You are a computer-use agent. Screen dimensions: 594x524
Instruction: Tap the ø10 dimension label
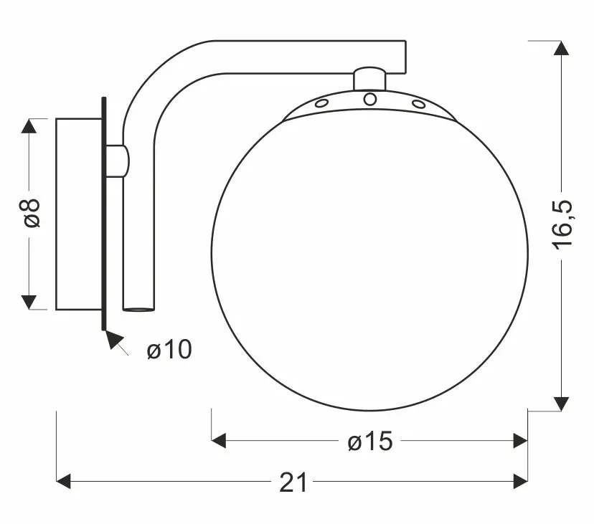(169, 349)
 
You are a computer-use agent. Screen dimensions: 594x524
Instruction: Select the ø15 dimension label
(370, 441)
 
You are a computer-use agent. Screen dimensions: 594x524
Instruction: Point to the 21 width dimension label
(293, 482)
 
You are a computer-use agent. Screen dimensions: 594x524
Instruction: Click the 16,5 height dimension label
(562, 225)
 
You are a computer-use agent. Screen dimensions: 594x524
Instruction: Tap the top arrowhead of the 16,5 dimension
(561, 48)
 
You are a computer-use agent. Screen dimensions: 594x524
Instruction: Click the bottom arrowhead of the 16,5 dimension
(561, 404)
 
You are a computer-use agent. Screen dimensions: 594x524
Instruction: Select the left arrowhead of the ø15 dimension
(219, 441)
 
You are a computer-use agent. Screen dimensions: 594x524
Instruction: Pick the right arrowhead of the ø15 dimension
(521, 441)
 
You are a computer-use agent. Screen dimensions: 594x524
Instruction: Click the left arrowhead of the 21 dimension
(63, 481)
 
